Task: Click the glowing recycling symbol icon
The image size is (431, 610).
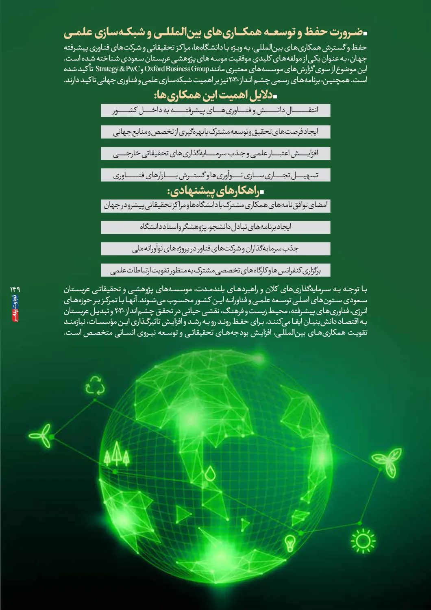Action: click(x=95, y=386)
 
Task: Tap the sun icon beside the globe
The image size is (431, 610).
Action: click(x=363, y=541)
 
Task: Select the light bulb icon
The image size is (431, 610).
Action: click(x=290, y=542)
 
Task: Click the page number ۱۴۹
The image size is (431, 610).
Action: click(x=15, y=289)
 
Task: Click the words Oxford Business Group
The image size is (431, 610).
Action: click(x=176, y=69)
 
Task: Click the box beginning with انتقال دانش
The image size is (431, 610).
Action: click(x=215, y=110)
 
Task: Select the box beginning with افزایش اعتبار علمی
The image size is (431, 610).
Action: click(x=215, y=153)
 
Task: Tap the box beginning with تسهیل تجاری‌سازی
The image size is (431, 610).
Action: click(x=215, y=175)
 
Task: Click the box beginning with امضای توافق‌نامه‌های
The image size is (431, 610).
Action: click(x=215, y=205)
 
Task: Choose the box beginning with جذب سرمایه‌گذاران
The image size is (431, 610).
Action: click(x=215, y=248)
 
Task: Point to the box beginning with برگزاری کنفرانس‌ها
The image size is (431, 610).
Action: click(x=215, y=270)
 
